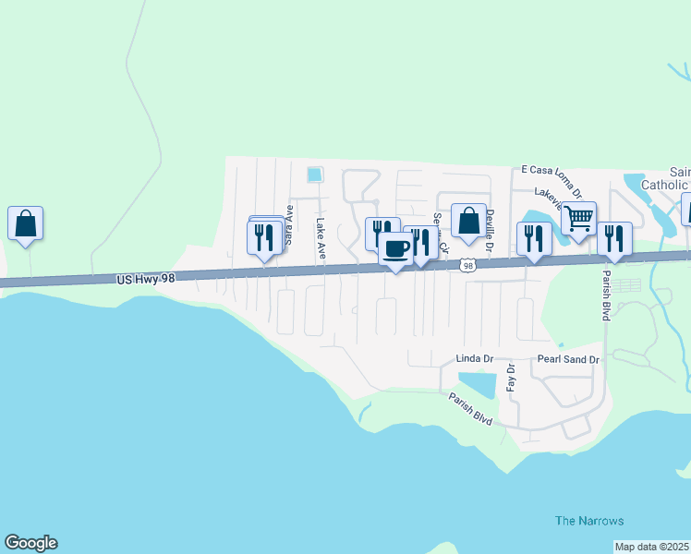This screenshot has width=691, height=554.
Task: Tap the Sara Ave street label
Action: point(289,224)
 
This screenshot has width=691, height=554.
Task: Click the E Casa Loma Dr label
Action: point(551,180)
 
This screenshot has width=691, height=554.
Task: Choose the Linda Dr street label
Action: point(475,358)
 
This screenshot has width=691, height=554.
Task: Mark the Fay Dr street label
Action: point(510,377)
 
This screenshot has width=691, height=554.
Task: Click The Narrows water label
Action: point(589,521)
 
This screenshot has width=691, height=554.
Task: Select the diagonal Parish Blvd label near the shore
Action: point(470,409)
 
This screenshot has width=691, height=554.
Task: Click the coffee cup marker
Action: point(396,249)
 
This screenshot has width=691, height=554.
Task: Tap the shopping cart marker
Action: point(578,219)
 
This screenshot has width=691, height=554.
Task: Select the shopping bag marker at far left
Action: point(26,223)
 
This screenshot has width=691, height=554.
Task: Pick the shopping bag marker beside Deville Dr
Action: point(468,222)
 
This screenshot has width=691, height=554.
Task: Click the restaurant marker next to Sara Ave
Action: point(265,237)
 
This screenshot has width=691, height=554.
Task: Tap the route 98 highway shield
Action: point(468,265)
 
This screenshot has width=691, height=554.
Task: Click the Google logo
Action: point(30,543)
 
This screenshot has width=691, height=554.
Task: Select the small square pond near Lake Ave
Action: point(315,174)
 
